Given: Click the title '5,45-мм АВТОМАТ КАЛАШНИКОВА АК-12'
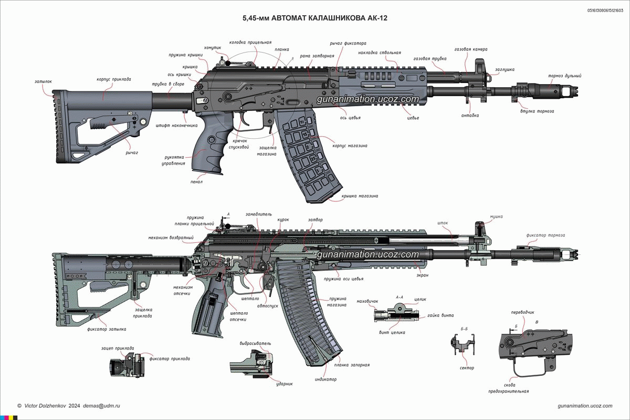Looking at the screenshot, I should tap(315, 18).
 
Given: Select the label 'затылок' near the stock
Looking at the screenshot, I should tap(44, 82).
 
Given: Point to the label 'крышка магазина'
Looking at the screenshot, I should tap(360, 196).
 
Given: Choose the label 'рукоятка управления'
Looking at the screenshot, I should tap(174, 160).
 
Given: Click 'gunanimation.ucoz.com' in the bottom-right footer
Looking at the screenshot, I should tap(585, 406).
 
